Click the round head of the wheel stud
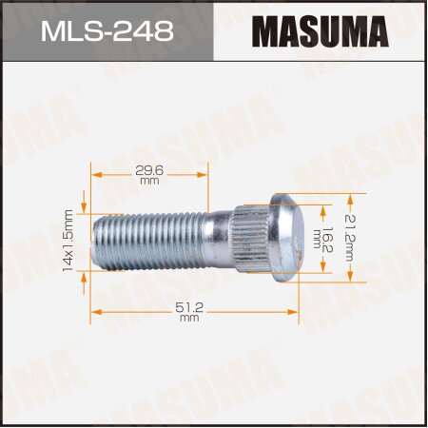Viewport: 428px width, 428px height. coord(289,238)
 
